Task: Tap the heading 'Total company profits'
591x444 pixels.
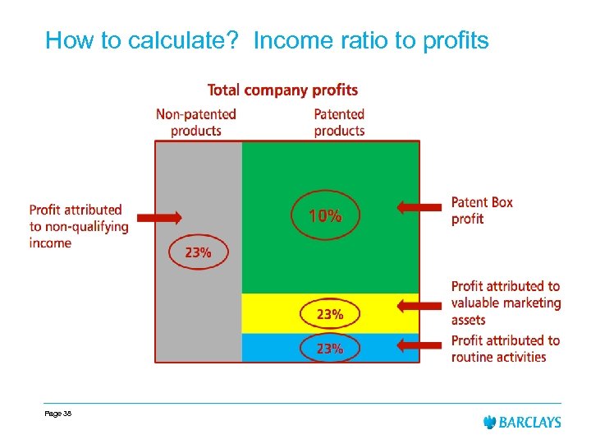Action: coord(282,90)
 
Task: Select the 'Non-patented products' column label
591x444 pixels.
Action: coord(196,122)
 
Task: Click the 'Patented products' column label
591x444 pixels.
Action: coord(339,122)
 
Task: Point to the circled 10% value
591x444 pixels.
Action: coord(325,216)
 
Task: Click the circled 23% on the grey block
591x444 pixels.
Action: coord(198,252)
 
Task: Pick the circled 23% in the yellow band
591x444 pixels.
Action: coord(330,314)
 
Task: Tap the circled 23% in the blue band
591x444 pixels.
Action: coord(330,348)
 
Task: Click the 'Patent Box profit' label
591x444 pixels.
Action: coord(482,210)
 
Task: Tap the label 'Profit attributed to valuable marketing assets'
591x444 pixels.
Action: coord(506,303)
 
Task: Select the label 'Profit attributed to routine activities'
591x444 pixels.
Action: coord(505,349)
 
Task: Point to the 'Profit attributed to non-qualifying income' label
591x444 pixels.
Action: coord(78,226)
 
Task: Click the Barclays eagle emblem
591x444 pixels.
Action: coord(490,422)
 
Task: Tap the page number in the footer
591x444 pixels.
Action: coord(58,414)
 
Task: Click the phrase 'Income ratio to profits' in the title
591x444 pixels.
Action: coord(371,40)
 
